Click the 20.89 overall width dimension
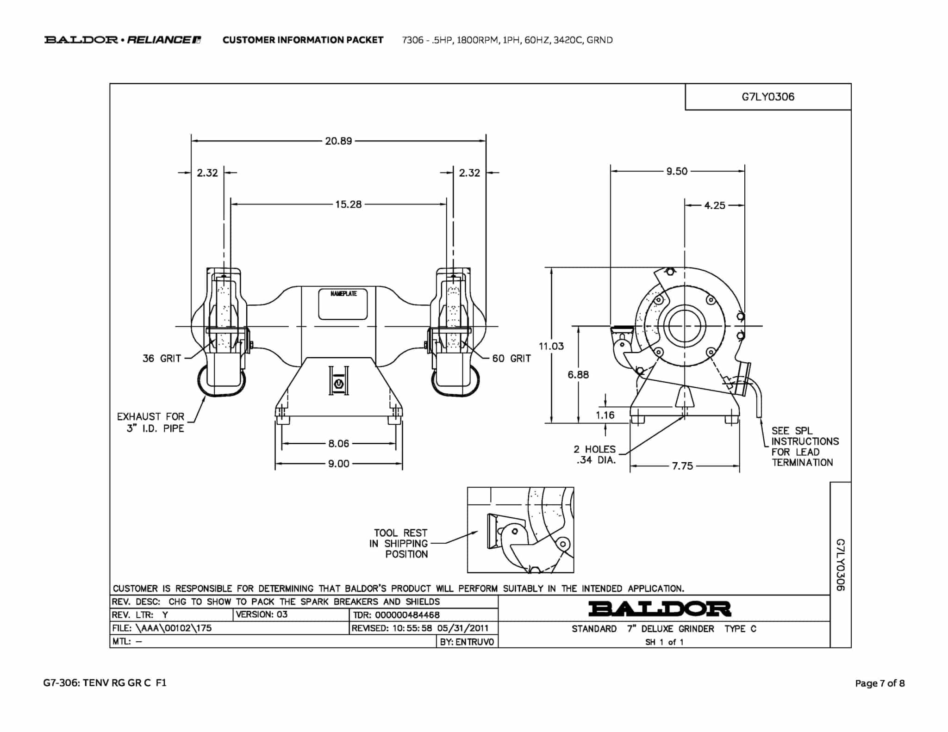[338, 141]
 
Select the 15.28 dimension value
[348, 205]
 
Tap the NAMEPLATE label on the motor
[343, 294]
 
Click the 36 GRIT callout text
[162, 359]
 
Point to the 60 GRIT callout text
[511, 359]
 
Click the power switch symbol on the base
[339, 384]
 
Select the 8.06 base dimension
[338, 444]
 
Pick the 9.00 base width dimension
[338, 464]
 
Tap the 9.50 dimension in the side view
[677, 172]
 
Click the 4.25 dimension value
[715, 205]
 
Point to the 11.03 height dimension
[551, 346]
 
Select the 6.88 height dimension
[578, 375]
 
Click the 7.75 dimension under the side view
[683, 466]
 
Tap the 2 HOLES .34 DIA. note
[595, 455]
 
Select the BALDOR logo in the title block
[660, 609]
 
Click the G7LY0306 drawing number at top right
[768, 97]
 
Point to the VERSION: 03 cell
[262, 614]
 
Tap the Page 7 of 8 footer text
[880, 683]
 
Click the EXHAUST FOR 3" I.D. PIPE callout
[150, 422]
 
